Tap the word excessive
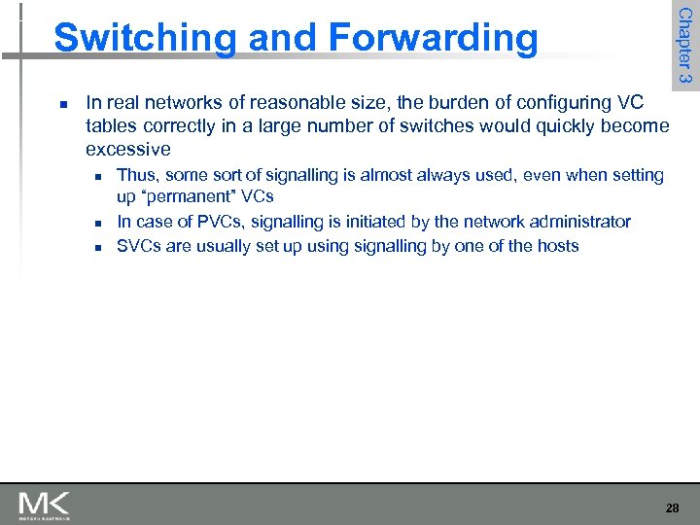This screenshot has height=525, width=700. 128,150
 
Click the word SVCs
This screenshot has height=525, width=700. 139,246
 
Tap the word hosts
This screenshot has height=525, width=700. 556,246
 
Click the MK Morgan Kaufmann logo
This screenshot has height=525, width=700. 44,505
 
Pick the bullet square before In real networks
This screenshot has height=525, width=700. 61,103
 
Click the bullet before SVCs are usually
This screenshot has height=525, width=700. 99,247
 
